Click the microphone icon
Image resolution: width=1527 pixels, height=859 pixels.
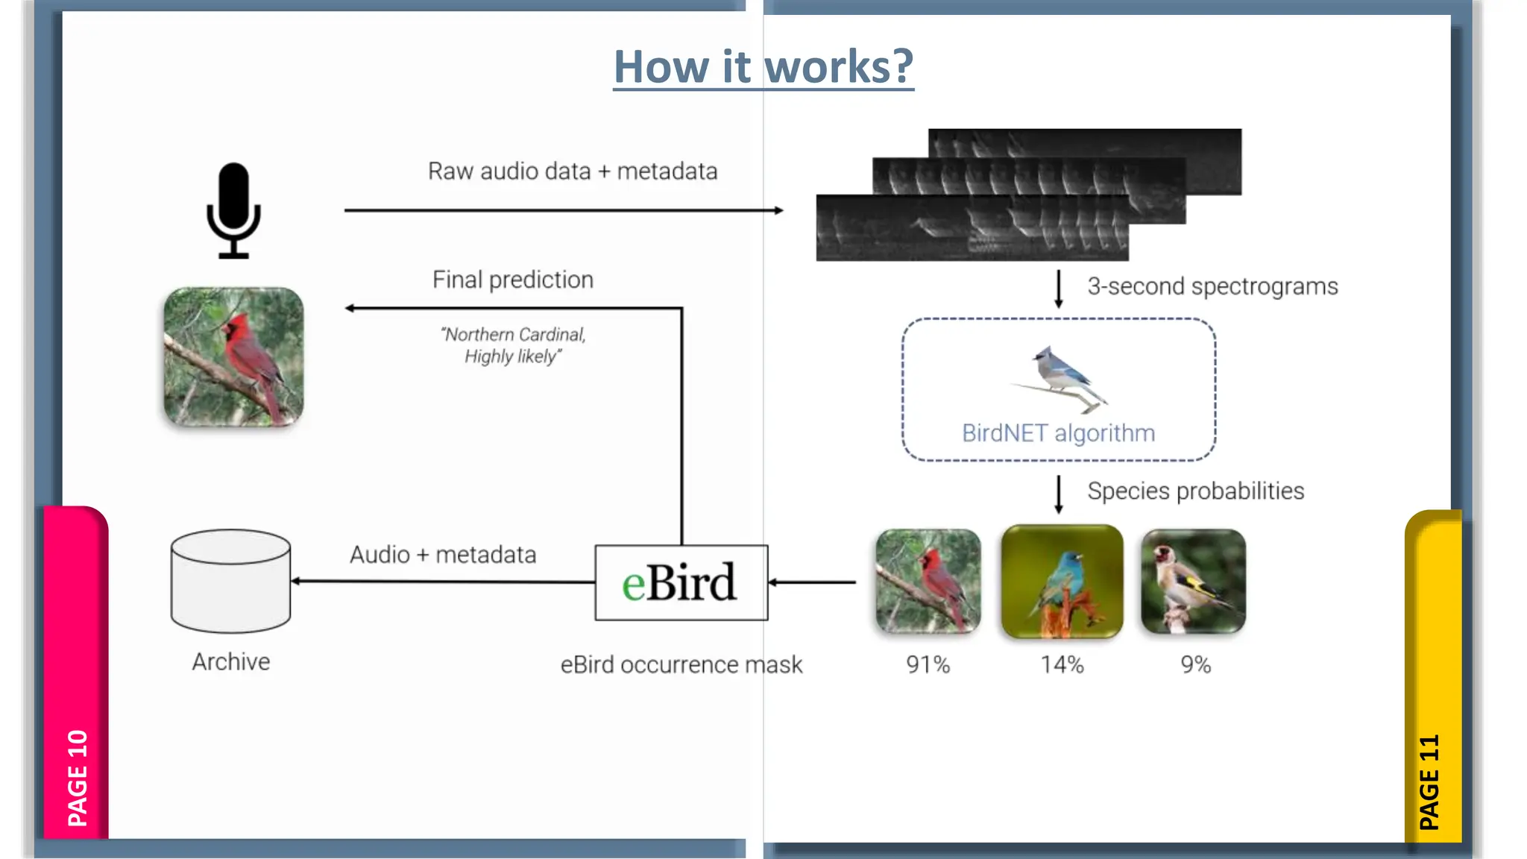pos(233,210)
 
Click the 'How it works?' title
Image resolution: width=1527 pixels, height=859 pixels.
pos(763,67)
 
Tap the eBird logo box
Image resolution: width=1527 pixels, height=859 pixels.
pos(681,582)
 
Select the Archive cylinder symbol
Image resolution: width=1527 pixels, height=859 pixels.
pos(230,581)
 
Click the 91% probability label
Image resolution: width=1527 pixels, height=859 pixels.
pos(928,664)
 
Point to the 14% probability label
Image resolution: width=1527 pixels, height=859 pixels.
pos(1062,664)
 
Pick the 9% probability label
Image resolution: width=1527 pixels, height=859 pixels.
pos(1195,664)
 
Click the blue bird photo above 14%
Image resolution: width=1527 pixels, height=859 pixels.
pos(1062,582)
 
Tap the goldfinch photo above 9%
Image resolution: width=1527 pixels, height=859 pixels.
pos(1193,582)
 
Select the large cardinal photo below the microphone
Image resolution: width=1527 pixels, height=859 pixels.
pos(233,357)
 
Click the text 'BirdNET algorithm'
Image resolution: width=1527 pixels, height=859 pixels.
pos(1058,433)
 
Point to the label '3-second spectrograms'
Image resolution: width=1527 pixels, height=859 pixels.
pos(1212,286)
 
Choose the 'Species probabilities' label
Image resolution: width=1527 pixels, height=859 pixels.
pos(1195,491)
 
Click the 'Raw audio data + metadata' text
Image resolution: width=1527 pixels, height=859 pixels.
pos(572,172)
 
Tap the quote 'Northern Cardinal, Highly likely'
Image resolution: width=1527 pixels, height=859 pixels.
pos(513,345)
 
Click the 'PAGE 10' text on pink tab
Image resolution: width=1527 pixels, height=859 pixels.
pos(78,778)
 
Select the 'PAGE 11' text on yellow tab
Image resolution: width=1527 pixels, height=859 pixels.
pos(1429,781)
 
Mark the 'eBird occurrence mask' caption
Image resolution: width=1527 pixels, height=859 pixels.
pos(681,664)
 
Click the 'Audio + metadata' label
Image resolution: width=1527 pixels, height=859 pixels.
pos(443,555)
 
